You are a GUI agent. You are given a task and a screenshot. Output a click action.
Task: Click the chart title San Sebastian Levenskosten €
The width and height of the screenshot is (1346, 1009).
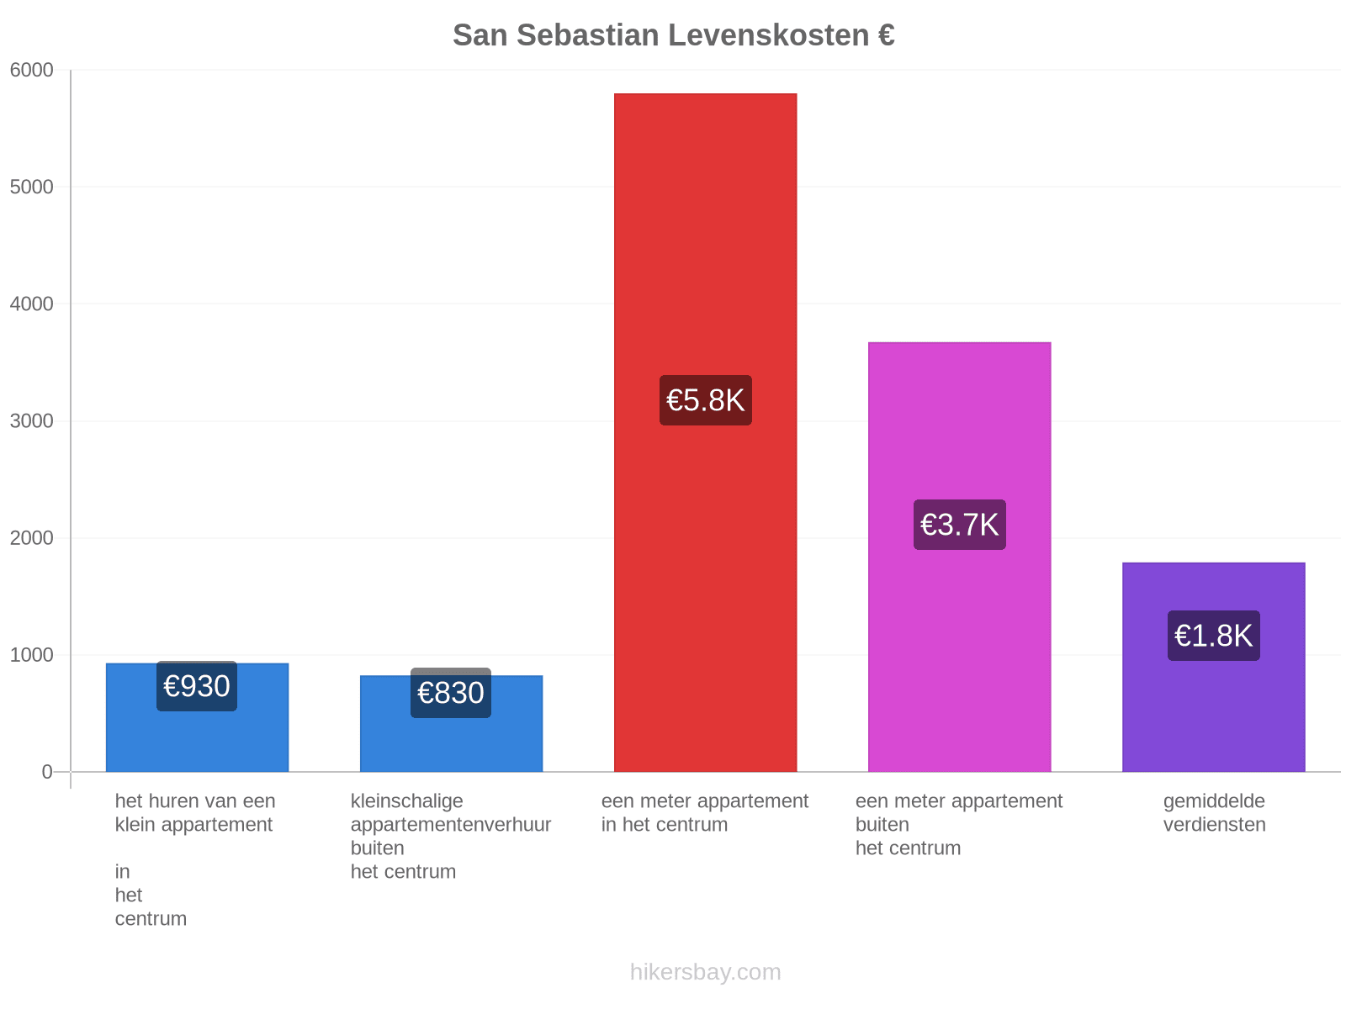(673, 35)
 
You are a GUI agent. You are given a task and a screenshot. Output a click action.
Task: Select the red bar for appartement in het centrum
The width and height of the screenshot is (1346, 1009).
(705, 432)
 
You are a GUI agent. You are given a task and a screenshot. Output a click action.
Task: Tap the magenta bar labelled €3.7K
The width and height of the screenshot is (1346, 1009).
(960, 557)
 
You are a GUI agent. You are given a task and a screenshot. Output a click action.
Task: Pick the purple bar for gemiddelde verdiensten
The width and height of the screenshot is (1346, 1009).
(1214, 667)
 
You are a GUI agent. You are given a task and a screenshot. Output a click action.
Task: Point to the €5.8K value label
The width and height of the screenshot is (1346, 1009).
(705, 400)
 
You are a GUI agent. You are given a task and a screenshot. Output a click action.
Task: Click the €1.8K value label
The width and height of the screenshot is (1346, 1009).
(1214, 636)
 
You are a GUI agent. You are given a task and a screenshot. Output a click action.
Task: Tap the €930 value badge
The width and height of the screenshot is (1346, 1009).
(197, 685)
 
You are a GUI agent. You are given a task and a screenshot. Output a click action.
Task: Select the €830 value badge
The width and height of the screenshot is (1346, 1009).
(451, 692)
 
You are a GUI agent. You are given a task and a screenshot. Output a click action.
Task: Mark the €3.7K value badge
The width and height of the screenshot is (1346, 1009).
(960, 525)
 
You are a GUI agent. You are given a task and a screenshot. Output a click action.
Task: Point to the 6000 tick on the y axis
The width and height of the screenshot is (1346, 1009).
(32, 70)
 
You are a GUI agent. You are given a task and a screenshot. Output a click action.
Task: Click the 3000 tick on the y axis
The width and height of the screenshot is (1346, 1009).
(32, 421)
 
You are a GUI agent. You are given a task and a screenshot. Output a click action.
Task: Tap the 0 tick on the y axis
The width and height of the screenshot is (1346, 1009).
(47, 772)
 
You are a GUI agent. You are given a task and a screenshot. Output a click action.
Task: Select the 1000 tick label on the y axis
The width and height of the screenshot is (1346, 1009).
(32, 655)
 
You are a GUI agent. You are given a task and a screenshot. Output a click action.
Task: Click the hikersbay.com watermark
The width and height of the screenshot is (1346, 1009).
(705, 972)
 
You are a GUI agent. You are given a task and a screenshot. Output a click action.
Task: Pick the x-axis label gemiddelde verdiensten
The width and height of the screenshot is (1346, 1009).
(1214, 812)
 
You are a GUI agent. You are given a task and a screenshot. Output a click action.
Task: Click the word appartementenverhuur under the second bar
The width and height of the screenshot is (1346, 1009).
(451, 825)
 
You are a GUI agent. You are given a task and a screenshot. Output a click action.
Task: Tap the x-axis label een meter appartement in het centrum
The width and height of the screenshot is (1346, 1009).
(705, 812)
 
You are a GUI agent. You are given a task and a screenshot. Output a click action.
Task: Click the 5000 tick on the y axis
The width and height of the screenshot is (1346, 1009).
(32, 187)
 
